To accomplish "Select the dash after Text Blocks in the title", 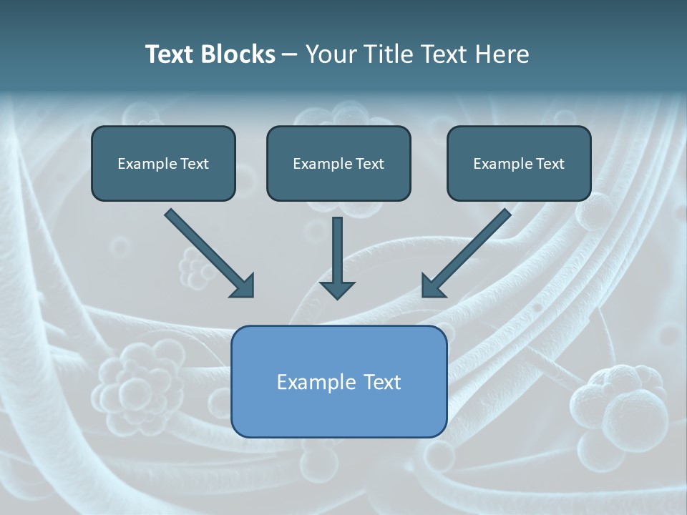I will click(x=290, y=55).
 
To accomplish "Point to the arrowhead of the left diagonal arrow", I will click(x=243, y=285).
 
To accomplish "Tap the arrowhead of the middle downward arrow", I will click(x=337, y=289).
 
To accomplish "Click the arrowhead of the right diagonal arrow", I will click(x=433, y=285).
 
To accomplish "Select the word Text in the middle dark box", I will click(x=370, y=164).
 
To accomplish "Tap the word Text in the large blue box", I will click(x=383, y=382).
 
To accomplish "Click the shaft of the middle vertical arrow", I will click(x=337, y=247).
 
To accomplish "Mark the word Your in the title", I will click(x=330, y=54).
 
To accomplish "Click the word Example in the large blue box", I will click(x=316, y=382).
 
